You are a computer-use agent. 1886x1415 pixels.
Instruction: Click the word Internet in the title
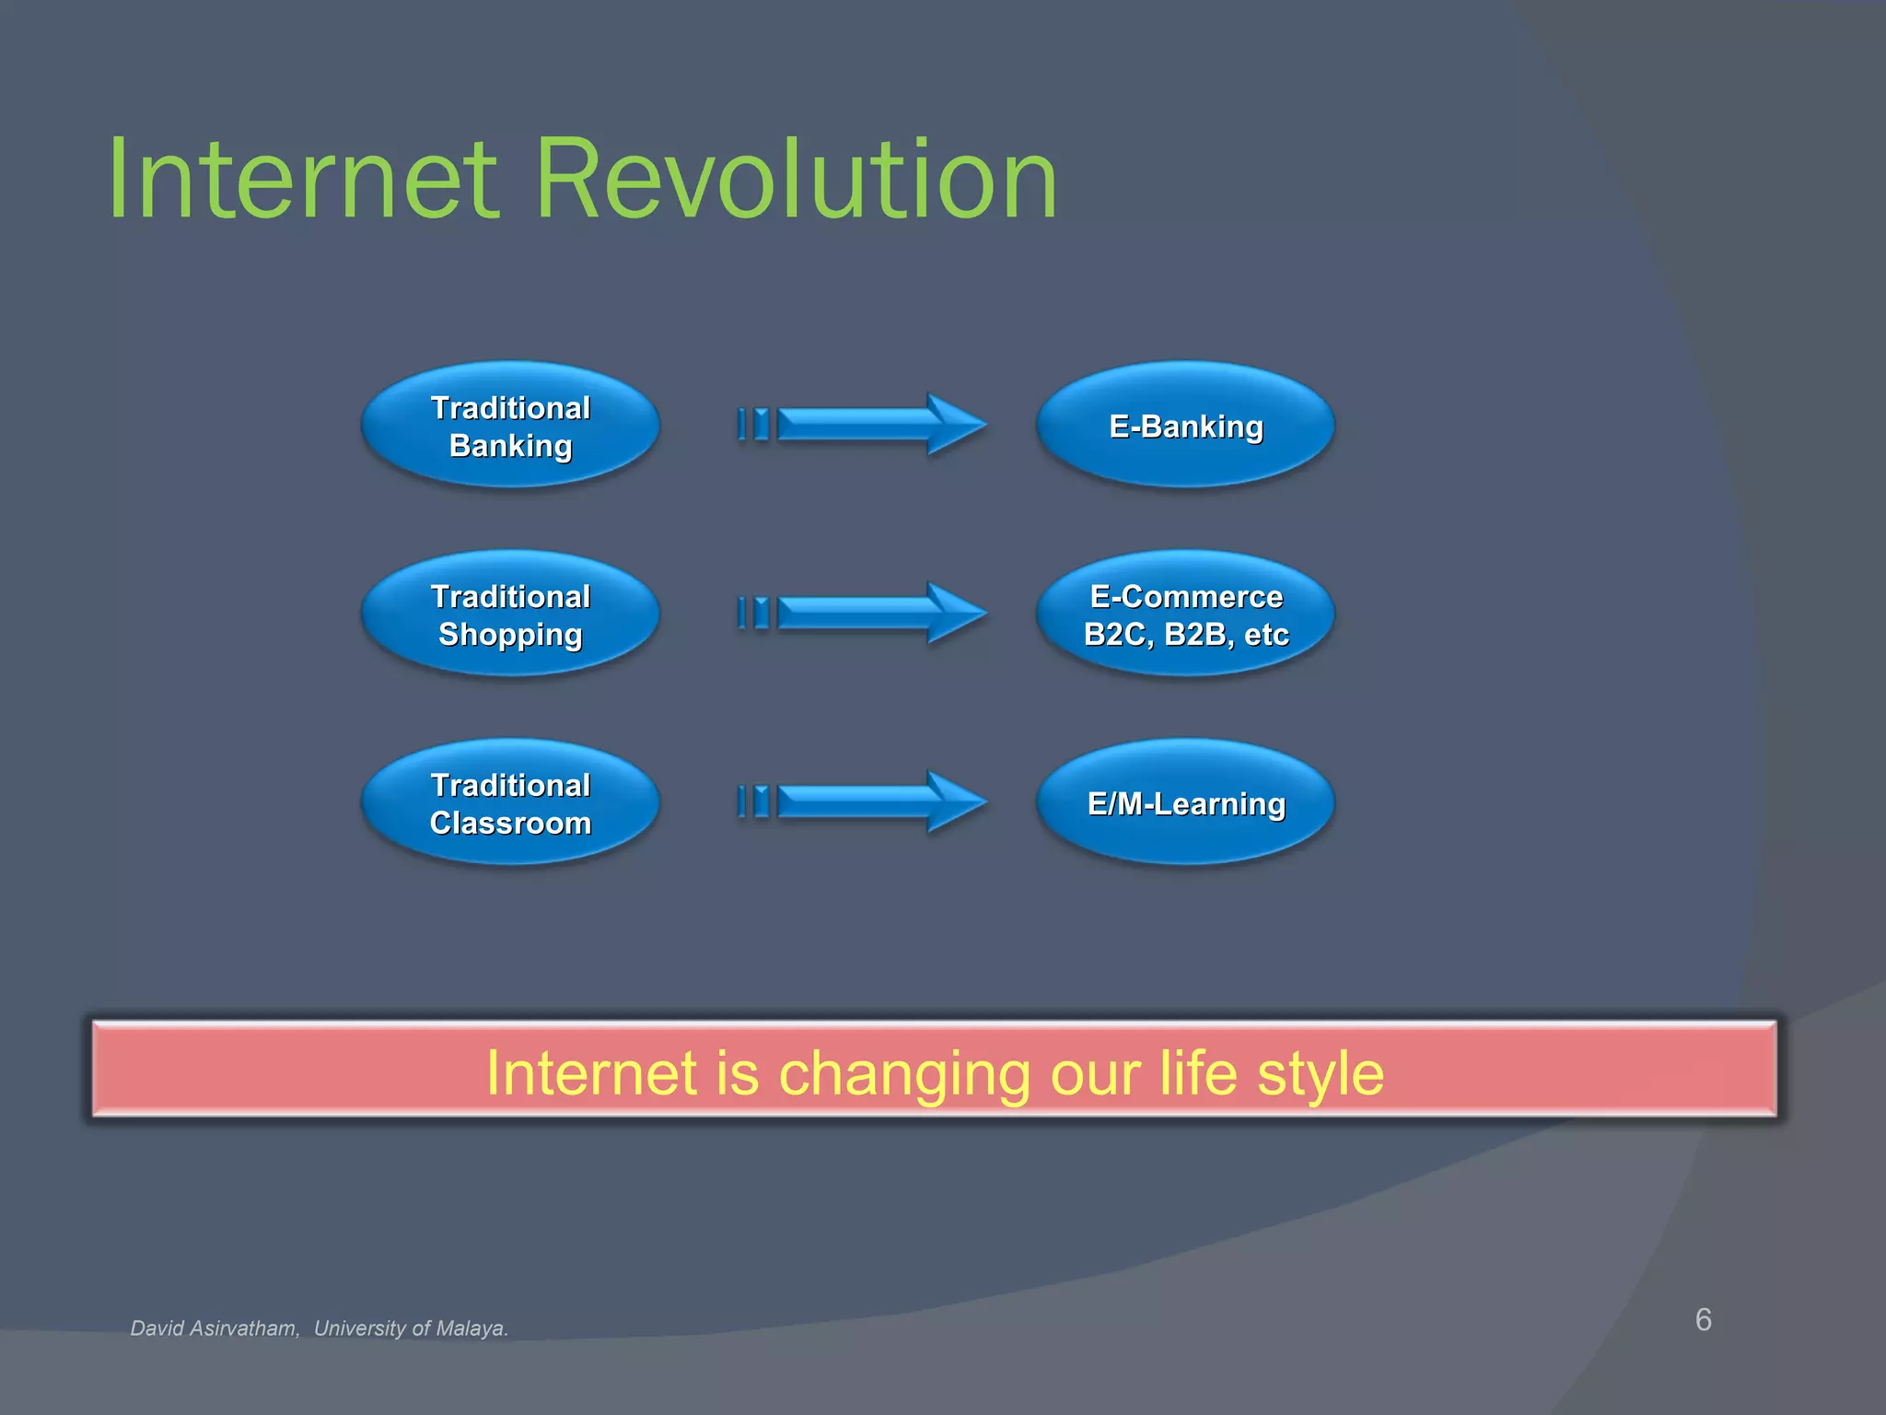pyautogui.click(x=304, y=180)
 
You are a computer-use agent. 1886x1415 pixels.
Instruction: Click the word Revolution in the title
pyautogui.click(x=796, y=180)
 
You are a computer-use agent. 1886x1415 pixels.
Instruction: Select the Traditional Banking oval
pyautogui.click(x=510, y=426)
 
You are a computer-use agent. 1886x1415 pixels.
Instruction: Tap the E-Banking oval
pyautogui.click(x=1185, y=426)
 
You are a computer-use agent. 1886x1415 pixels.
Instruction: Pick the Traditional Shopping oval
pyautogui.click(x=510, y=614)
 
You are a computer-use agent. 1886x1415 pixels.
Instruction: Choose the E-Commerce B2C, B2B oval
pyautogui.click(x=1185, y=614)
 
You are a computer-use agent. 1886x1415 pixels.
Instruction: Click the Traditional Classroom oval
pyautogui.click(x=510, y=803)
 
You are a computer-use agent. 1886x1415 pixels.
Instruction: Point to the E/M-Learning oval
pyautogui.click(x=1185, y=803)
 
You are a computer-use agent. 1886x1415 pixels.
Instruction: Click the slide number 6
pyautogui.click(x=1703, y=1319)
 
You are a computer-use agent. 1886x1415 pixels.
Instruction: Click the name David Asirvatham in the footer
pyautogui.click(x=214, y=1328)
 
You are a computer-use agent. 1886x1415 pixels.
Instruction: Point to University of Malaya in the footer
pyautogui.click(x=411, y=1328)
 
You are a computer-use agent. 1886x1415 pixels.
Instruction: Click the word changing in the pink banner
pyautogui.click(x=903, y=1075)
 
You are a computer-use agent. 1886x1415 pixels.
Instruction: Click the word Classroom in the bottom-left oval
pyautogui.click(x=510, y=823)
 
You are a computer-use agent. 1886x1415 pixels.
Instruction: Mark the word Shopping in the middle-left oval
pyautogui.click(x=510, y=635)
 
